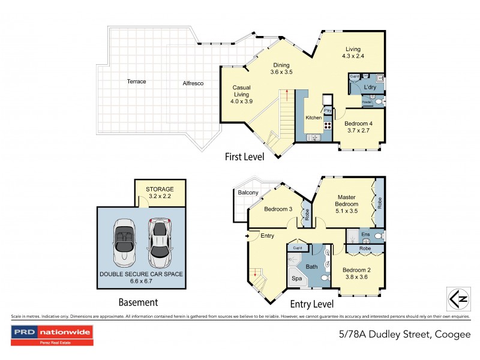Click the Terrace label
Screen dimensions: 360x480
coord(136,81)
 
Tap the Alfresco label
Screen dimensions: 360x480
coord(193,83)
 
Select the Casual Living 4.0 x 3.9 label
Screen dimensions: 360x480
coord(242,94)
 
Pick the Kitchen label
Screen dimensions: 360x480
coord(313,118)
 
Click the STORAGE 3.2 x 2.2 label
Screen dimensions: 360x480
coord(159,192)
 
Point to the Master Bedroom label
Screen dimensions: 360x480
coord(347,203)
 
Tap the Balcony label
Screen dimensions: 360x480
coord(248,193)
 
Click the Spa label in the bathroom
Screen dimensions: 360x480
coord(296,279)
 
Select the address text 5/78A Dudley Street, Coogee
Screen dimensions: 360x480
coord(402,334)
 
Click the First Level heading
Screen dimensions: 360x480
coord(244,157)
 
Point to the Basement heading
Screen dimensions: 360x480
coord(137,303)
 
